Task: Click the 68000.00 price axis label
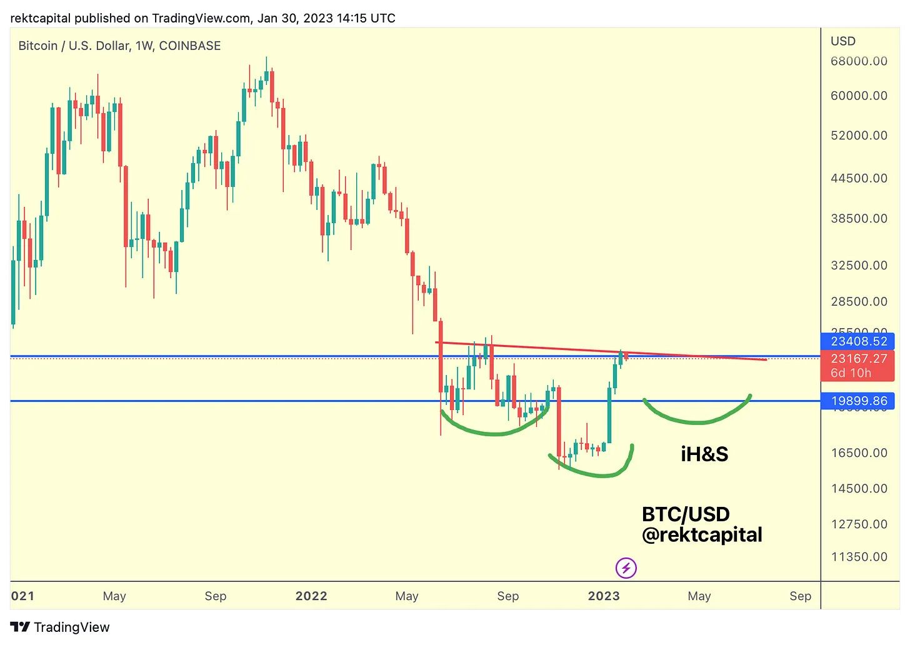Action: (859, 61)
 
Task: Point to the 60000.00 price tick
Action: (859, 96)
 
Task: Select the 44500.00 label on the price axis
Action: (859, 178)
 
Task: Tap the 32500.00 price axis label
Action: (859, 266)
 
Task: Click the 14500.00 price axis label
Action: (859, 489)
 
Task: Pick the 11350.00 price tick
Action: (859, 557)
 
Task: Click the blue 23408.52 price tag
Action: (858, 341)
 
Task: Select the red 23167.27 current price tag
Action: (858, 359)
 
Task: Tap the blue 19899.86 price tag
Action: (858, 401)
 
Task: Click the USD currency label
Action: (842, 41)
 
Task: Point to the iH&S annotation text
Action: (704, 454)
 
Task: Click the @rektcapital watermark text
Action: (702, 535)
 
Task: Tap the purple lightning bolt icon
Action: (626, 568)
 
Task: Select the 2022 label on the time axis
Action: (311, 596)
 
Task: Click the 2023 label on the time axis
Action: (604, 596)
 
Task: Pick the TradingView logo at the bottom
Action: (60, 627)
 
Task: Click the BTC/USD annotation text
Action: (686, 514)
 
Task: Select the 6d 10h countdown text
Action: (851, 373)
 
